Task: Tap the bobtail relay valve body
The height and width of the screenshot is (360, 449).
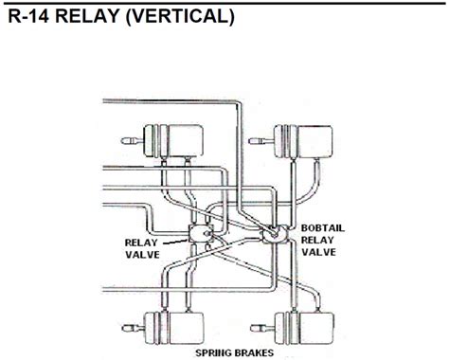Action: coord(273,234)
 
